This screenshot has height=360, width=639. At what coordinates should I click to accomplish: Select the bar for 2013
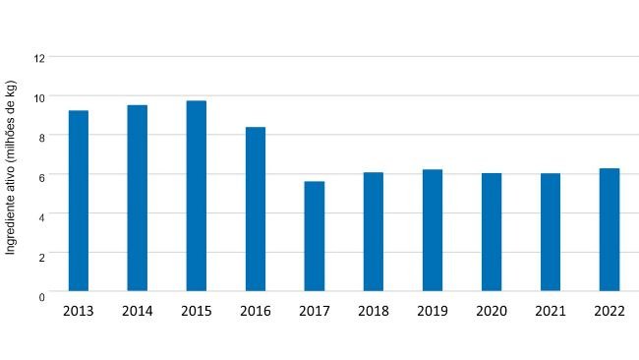pyautogui.click(x=79, y=201)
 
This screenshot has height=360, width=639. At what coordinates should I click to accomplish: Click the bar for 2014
pyautogui.click(x=138, y=198)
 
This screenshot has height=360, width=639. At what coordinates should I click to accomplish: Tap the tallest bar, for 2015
pyautogui.click(x=197, y=196)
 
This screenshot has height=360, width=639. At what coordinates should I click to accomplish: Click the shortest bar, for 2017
pyautogui.click(x=315, y=236)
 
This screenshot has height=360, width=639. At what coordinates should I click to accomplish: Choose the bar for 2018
pyautogui.click(x=374, y=231)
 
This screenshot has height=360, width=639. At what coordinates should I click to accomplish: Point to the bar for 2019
pyautogui.click(x=433, y=230)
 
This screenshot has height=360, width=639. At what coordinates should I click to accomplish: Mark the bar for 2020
pyautogui.click(x=492, y=232)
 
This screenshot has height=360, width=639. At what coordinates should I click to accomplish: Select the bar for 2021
pyautogui.click(x=551, y=232)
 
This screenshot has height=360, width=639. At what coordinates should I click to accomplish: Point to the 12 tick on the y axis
pyautogui.click(x=39, y=58)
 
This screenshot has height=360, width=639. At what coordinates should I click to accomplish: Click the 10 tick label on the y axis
pyautogui.click(x=39, y=97)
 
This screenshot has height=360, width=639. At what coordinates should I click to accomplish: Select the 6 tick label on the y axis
pyautogui.click(x=41, y=175)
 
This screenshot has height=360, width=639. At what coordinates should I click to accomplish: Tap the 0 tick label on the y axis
pyautogui.click(x=41, y=295)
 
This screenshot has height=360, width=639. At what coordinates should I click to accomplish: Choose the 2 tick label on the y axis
pyautogui.click(x=41, y=254)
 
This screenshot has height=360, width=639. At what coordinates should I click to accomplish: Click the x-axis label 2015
pyautogui.click(x=197, y=312)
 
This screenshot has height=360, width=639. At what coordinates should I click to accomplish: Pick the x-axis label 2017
pyautogui.click(x=315, y=312)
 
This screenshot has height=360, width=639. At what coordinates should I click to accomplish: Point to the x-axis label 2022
pyautogui.click(x=610, y=312)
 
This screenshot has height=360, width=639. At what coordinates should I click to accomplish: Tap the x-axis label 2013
pyautogui.click(x=79, y=312)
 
